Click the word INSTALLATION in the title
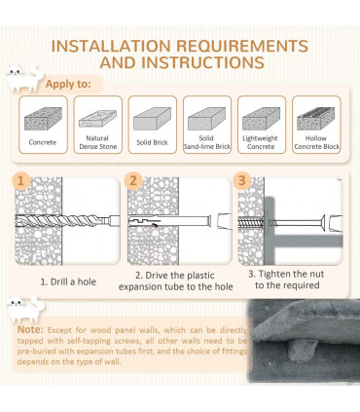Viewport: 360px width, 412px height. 111,46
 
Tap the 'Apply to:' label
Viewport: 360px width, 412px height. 68,84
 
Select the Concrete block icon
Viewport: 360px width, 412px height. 43,119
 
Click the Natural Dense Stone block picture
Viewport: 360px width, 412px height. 97,119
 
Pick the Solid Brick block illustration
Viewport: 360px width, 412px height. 152,119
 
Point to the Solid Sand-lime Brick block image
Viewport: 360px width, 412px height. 206,119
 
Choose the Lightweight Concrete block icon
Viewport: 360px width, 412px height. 261,119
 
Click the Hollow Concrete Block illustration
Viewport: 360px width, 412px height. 316,119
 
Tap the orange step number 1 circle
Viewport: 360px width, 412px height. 20,180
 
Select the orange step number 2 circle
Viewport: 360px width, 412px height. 133,180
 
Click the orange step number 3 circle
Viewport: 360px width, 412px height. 242,180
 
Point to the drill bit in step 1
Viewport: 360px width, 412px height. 67,221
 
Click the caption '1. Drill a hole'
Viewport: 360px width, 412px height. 68,281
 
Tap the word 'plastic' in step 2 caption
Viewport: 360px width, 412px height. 198,276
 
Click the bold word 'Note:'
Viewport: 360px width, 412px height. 30,329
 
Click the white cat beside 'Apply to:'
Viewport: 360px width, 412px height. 24,79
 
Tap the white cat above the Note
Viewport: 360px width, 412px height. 26,310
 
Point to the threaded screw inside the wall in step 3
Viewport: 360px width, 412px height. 251,223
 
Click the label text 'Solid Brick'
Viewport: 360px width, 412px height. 152,142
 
